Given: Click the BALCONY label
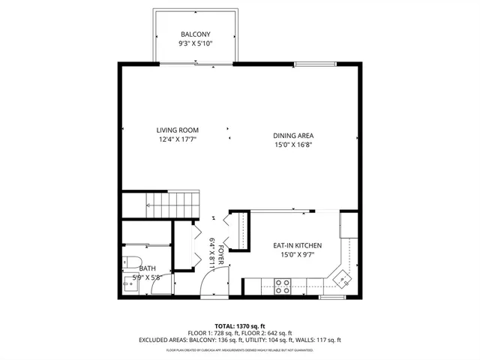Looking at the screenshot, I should tap(196, 34).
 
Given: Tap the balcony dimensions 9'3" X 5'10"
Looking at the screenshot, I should tap(196, 44).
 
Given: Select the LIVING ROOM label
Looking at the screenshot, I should tap(177, 130).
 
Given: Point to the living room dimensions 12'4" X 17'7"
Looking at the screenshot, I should tap(177, 139).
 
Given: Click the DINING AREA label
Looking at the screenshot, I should tap(292, 135).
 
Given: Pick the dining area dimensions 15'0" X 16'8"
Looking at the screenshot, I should tap(292, 145).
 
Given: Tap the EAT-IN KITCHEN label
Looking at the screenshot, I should tap(297, 245).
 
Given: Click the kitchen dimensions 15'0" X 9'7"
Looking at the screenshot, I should tap(297, 255).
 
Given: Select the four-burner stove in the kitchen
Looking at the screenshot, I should tap(283, 285).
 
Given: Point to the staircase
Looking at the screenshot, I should tap(172, 202).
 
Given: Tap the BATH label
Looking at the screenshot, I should tap(147, 268).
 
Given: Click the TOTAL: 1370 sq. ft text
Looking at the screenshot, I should tap(239, 325).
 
